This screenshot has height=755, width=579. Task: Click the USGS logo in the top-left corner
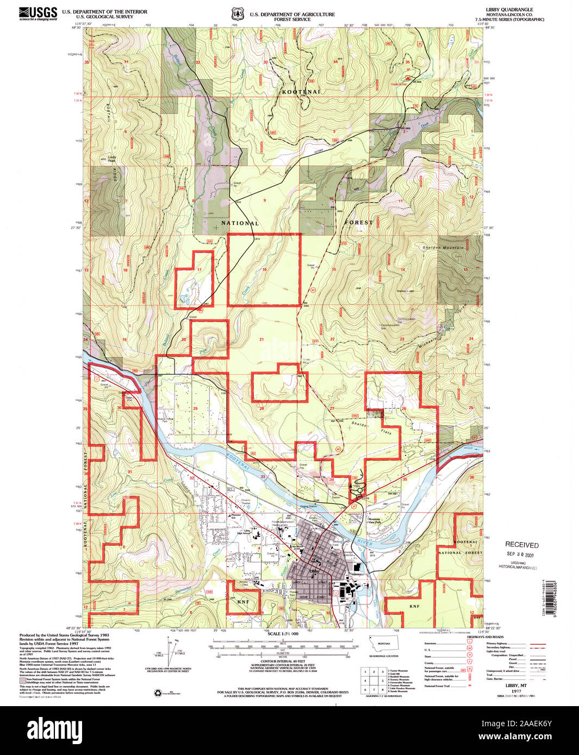pos(38,13)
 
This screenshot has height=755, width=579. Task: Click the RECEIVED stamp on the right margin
pos(521,545)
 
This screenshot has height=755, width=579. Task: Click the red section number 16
pos(264,270)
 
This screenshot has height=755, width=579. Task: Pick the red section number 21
pos(262,339)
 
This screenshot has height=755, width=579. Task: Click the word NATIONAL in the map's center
pos(240,223)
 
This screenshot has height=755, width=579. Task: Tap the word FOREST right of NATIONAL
pos(359,223)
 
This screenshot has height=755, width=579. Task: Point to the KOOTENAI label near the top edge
pos(301,92)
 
